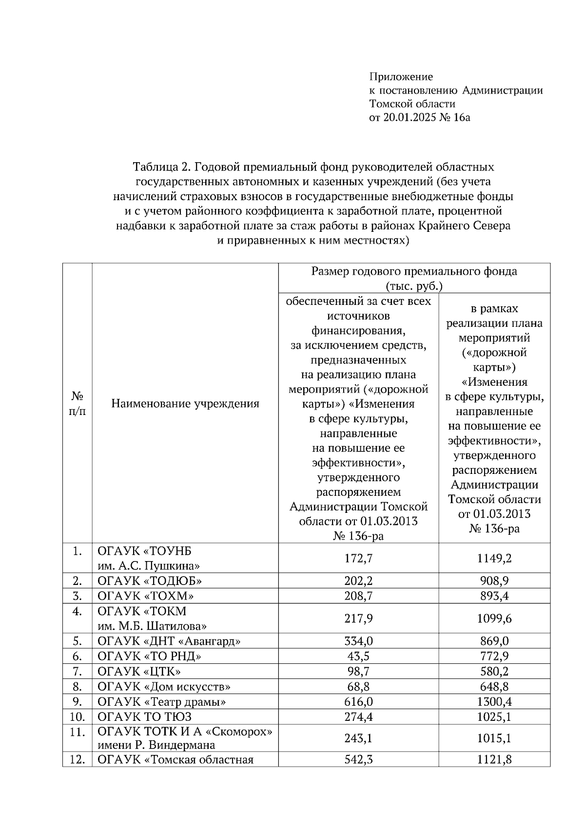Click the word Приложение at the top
[x=401, y=76]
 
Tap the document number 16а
[x=461, y=117]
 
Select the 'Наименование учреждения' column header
[x=185, y=403]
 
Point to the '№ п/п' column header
[x=77, y=403]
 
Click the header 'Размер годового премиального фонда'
[x=414, y=271]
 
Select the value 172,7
[x=358, y=558]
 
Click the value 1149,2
[x=494, y=558]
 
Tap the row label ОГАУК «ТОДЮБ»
[x=150, y=581]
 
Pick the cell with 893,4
[x=494, y=596]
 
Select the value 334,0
[x=358, y=641]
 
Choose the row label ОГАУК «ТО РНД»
[x=150, y=657]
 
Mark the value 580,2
[x=494, y=672]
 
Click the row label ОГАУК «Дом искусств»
[x=164, y=687]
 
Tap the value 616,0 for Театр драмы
[x=358, y=702]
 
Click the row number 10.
[x=77, y=717]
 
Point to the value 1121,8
[x=494, y=760]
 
